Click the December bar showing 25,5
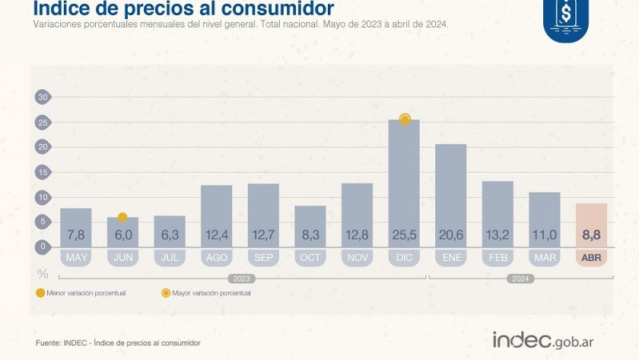(x=404, y=183)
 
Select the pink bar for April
(x=590, y=225)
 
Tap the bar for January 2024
(x=450, y=194)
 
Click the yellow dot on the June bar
(x=122, y=218)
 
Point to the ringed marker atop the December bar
(x=405, y=119)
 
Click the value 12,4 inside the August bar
(x=216, y=236)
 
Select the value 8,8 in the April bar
(x=591, y=236)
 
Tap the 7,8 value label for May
(x=76, y=236)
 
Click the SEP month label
(x=263, y=258)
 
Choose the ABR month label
(x=591, y=258)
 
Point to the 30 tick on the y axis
(x=43, y=97)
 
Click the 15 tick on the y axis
(x=43, y=172)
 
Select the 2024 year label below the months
(x=520, y=279)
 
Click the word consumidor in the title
(x=275, y=9)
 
